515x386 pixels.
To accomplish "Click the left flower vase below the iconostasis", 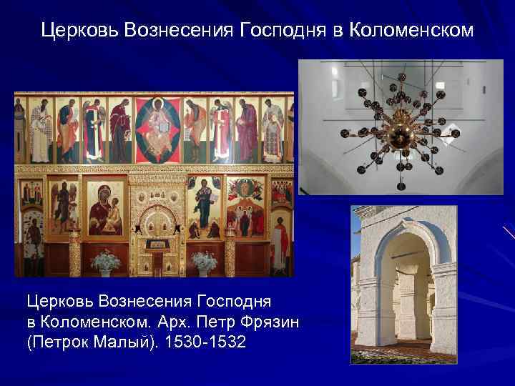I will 106,262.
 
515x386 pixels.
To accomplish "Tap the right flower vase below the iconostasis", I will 202,262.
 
